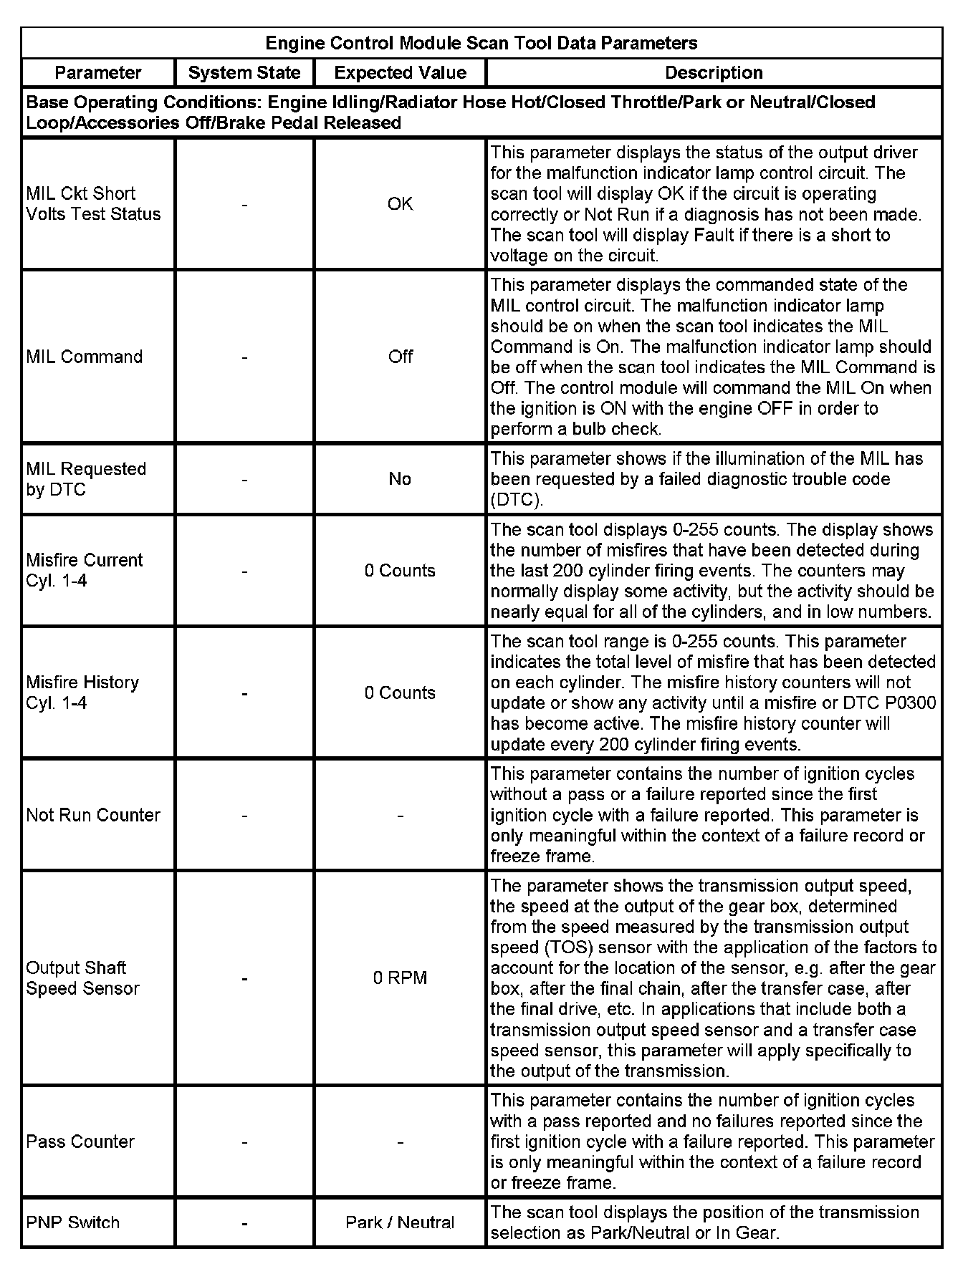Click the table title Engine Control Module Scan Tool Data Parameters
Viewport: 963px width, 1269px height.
coord(481,43)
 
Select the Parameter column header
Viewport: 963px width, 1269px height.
coord(98,72)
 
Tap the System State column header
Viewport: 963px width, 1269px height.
coord(244,72)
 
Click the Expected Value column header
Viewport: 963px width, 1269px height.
coord(400,72)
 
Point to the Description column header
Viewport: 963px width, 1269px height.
coord(714,72)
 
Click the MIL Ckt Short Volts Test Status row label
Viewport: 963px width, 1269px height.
coord(93,203)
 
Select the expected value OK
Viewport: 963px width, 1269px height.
coord(400,204)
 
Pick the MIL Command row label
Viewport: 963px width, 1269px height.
coord(84,357)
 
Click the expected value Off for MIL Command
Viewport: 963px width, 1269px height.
coord(400,357)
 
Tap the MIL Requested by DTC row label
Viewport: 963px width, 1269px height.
coord(85,479)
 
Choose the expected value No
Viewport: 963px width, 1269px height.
coord(400,479)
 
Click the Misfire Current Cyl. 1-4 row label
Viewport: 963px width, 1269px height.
coord(84,570)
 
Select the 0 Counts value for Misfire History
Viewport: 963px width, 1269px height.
coord(400,693)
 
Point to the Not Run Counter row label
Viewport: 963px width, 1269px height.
coord(92,815)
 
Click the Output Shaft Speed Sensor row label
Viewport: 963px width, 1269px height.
coord(82,978)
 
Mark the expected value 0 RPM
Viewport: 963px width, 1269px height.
coord(400,978)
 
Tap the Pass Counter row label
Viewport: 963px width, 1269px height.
coord(80,1142)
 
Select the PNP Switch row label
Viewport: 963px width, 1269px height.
coord(72,1222)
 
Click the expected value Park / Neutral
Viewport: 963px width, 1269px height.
coord(400,1222)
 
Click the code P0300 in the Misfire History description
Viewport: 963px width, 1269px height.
coord(908,703)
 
